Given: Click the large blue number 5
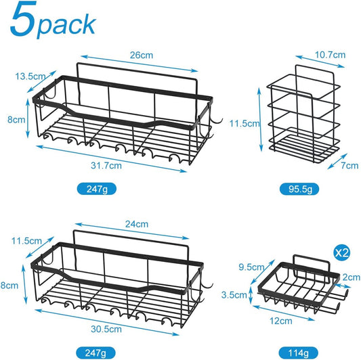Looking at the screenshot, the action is tap(23, 19).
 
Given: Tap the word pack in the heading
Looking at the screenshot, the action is tap(67, 24).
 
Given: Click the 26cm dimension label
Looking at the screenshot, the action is tap(142, 55).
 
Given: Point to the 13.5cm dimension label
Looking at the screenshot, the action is tap(30, 76).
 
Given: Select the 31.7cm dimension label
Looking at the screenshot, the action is tap(106, 165).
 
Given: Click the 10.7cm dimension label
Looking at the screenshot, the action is tap(330, 55).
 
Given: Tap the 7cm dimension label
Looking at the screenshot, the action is tap(349, 165).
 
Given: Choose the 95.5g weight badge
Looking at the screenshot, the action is tap(299, 189).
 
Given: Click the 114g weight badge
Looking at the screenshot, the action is tap(299, 353).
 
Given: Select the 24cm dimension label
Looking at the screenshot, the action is tap(137, 224).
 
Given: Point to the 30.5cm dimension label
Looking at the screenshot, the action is tap(106, 329).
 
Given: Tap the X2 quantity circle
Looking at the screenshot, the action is tap(342, 253).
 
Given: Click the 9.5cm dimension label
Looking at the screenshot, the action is tap(251, 267).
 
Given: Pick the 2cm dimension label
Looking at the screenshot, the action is tap(352, 277).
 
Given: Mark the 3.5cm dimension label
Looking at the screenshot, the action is tap(234, 295).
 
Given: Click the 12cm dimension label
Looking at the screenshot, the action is tap(281, 321).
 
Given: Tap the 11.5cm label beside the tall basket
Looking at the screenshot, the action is tap(244, 124).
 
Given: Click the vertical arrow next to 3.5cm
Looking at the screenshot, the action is tap(251, 294).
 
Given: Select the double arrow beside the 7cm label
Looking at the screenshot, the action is tap(337, 161).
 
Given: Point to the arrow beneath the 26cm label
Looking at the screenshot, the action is tap(140, 64).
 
